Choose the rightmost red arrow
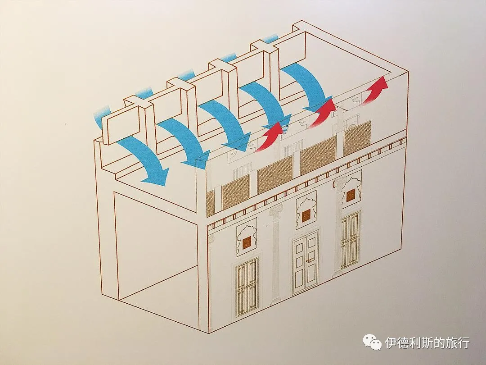pos(375,90)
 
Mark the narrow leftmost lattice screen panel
pos(210,203)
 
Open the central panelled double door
pos(306,263)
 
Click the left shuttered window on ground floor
pos(247,287)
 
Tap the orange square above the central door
pos(306,216)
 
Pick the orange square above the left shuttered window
pos(247,243)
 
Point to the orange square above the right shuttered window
pos(351,195)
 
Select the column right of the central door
pos(338,227)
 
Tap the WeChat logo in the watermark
pos(373,342)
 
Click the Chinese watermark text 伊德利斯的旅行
pos(427,342)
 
